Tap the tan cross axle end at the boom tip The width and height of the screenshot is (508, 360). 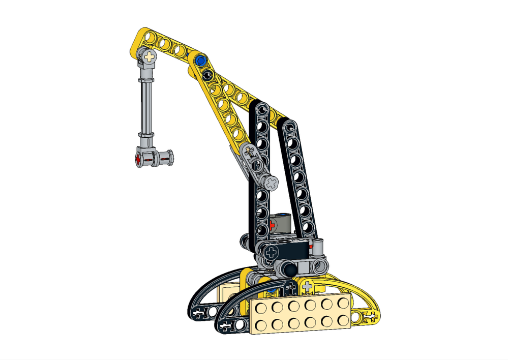pyautogui.click(x=149, y=56)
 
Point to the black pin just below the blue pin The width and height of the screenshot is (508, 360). pyautogui.click(x=206, y=75)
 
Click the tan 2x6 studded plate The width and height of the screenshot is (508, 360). pyautogui.click(x=300, y=314)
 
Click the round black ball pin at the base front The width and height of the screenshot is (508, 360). pyautogui.click(x=288, y=269)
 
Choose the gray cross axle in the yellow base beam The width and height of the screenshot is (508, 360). pyautogui.click(x=307, y=287)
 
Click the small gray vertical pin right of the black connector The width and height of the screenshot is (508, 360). pyautogui.click(x=318, y=246)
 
